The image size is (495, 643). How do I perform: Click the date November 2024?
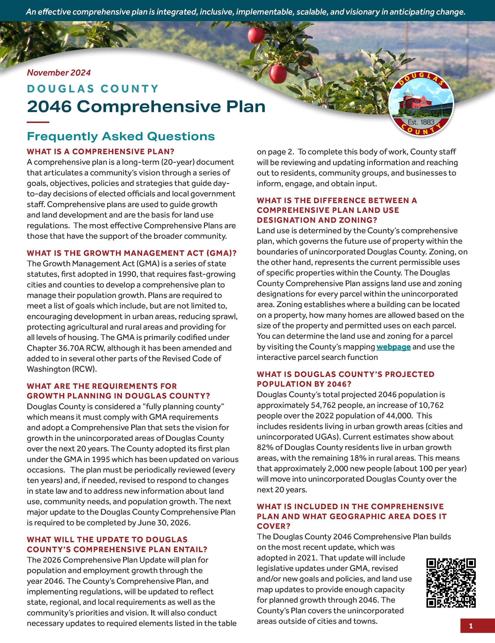(59, 73)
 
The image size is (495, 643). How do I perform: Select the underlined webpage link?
(393, 347)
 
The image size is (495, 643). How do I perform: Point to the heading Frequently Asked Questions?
(121, 136)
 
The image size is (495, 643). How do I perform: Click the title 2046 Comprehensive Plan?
(146, 107)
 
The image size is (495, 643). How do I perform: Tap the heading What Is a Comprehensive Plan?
(101, 152)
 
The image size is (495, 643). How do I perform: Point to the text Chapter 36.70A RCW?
(66, 348)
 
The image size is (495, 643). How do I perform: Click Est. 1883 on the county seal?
(421, 122)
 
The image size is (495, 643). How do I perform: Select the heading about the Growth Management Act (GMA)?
(132, 253)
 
